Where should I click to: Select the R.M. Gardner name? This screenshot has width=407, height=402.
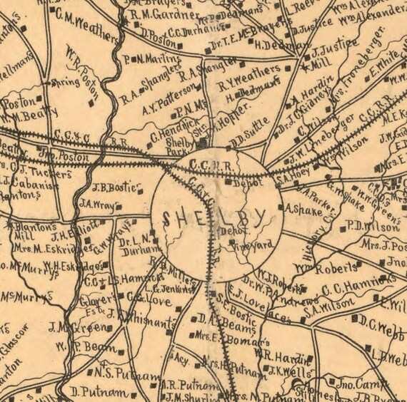point(166,15)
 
